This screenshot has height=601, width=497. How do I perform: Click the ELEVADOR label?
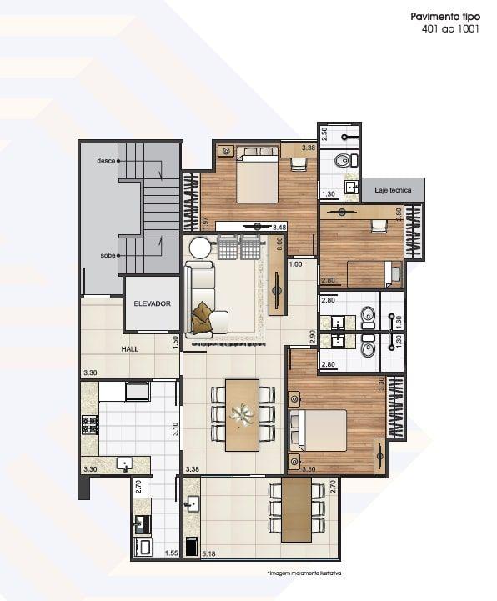(x=152, y=303)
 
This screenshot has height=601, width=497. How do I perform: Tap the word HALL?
(x=129, y=349)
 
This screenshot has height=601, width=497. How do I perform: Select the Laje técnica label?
(x=393, y=190)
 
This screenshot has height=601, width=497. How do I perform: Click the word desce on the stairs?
(x=105, y=160)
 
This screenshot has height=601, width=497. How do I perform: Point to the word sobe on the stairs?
(x=107, y=256)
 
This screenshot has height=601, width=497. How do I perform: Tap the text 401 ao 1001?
(x=451, y=29)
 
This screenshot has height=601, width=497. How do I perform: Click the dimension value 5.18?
(x=210, y=553)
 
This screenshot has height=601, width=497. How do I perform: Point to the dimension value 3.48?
(x=279, y=227)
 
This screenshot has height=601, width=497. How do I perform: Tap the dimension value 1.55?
(x=172, y=553)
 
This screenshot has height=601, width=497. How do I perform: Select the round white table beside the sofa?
(x=200, y=248)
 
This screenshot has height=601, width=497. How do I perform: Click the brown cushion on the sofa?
(x=202, y=318)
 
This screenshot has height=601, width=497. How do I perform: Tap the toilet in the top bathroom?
(x=341, y=161)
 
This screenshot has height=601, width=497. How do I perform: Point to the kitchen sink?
(x=124, y=463)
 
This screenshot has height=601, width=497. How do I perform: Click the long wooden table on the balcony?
(x=295, y=508)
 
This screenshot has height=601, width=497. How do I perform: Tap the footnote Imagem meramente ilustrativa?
(x=304, y=574)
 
